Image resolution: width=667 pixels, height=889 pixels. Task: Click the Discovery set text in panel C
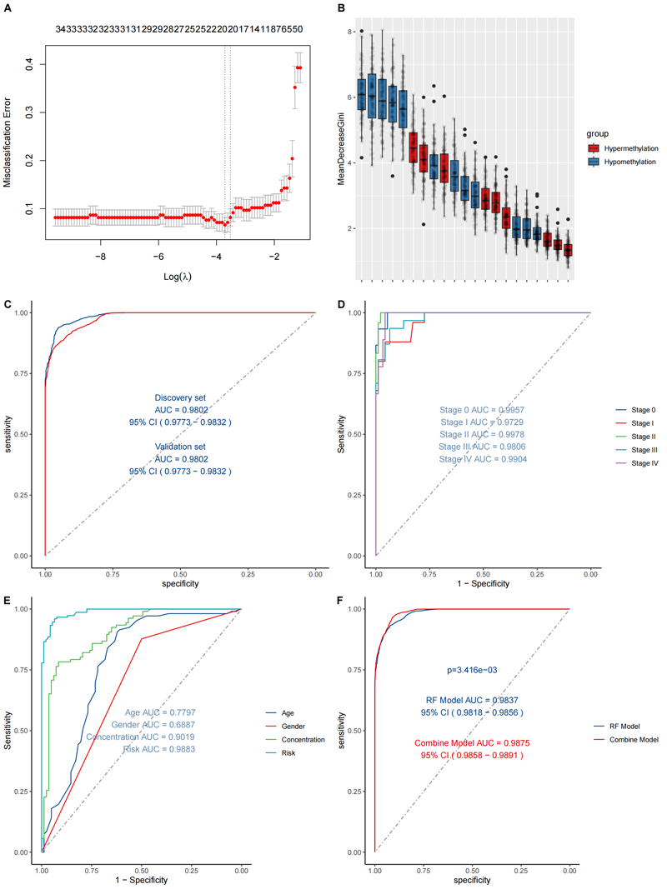click(181, 397)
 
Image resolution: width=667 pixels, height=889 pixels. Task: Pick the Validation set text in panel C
click(181, 447)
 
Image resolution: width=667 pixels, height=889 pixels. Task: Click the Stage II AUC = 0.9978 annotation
click(483, 435)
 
